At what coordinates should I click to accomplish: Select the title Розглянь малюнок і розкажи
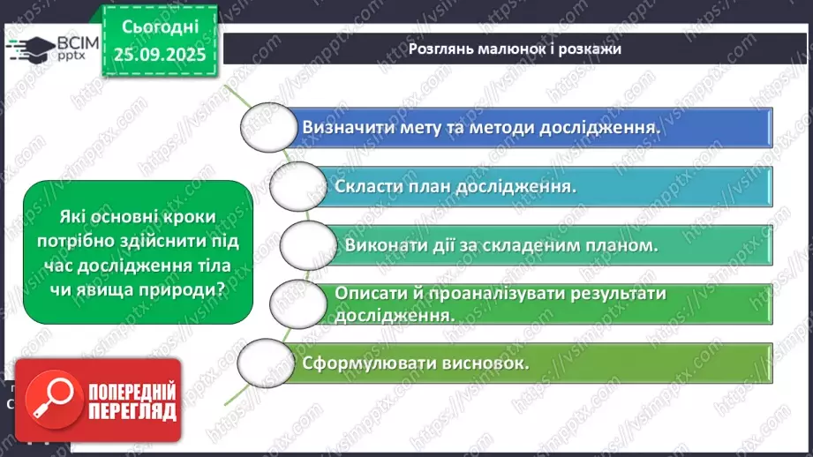(x=515, y=49)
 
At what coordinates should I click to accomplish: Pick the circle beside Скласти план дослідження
(x=297, y=186)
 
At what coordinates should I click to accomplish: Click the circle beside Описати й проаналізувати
(x=297, y=303)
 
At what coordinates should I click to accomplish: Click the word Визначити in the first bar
(x=347, y=127)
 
